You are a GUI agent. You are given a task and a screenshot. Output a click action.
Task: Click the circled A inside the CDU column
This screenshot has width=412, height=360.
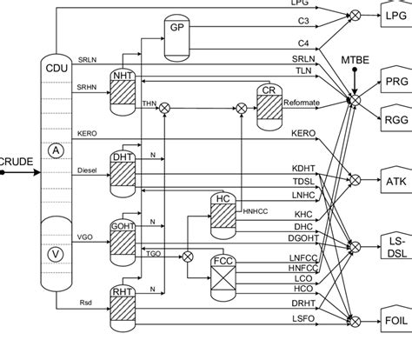pos(56,150)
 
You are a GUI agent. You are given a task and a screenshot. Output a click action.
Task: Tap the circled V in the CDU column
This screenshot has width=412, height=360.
pos(56,253)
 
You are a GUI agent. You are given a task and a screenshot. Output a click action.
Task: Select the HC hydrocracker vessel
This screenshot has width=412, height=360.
pos(223,213)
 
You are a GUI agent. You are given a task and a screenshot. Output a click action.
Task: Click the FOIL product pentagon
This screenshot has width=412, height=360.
pos(392,319)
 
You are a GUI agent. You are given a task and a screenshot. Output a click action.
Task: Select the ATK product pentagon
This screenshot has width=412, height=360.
pos(392,181)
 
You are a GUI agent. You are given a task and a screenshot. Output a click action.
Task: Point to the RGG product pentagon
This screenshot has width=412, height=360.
pos(392,113)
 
